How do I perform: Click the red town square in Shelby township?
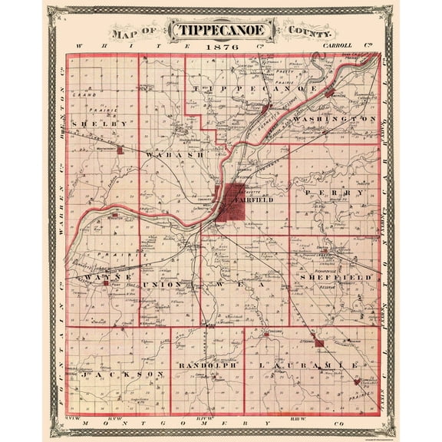click(x=120, y=150)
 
